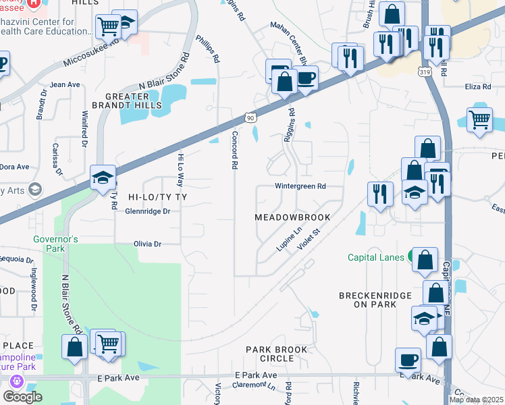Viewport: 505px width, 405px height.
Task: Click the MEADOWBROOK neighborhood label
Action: coord(292,217)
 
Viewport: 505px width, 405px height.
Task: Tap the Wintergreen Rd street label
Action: coord(300,186)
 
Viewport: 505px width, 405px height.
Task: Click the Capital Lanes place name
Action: coord(376,257)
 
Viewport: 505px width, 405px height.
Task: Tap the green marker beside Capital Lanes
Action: coord(411,257)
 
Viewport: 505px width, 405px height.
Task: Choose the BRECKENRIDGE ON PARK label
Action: coord(371,300)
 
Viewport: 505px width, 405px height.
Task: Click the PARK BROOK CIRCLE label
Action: coord(277,354)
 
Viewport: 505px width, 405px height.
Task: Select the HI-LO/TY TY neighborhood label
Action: coord(156,196)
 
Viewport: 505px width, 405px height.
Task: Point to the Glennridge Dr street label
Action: coord(147,211)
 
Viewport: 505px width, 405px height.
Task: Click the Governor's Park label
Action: coord(57,244)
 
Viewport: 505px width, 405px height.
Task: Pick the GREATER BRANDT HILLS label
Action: coord(134,101)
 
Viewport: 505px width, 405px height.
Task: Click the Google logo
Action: coord(22,397)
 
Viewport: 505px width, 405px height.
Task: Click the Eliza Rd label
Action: coord(477,87)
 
